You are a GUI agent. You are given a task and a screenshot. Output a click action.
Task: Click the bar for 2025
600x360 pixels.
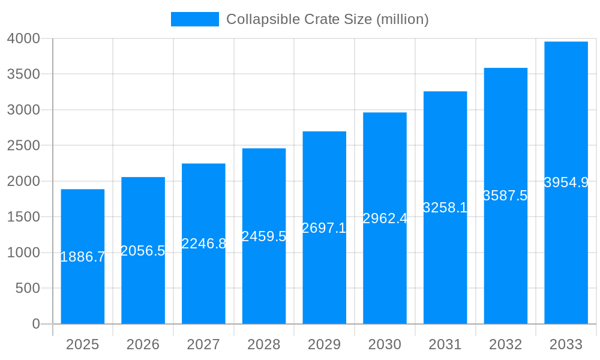(x=83, y=288)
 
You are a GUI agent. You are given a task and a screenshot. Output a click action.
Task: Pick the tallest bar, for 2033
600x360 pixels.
(x=566, y=252)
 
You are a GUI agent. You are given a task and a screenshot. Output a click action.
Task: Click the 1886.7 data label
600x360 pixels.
(x=83, y=257)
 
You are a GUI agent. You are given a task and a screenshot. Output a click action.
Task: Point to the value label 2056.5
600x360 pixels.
(x=143, y=251)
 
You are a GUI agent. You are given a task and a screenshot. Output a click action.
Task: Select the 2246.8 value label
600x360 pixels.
(x=204, y=244)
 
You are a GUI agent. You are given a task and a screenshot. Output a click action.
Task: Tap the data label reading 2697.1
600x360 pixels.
(x=324, y=228)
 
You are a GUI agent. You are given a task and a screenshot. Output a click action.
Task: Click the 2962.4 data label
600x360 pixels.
(x=385, y=218)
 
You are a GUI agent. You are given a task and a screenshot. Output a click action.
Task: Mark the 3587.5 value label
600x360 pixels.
(x=505, y=196)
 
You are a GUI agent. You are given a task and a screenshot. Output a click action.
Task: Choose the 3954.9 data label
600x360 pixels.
(x=566, y=182)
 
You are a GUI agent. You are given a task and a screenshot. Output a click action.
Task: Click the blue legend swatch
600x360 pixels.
(x=195, y=19)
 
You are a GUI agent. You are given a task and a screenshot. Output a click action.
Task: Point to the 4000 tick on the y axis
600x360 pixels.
(x=23, y=38)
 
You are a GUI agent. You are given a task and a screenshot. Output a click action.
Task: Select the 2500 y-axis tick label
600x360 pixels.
(x=23, y=146)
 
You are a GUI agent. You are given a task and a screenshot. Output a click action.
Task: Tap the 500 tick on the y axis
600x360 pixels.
(x=28, y=288)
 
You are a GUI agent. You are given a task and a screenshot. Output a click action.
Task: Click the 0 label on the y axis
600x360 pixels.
(x=35, y=324)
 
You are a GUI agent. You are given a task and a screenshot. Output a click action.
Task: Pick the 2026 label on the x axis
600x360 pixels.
(x=143, y=344)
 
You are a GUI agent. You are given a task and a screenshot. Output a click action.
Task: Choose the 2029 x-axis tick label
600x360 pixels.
(x=324, y=344)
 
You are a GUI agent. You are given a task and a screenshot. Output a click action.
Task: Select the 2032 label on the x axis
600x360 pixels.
(x=505, y=344)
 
